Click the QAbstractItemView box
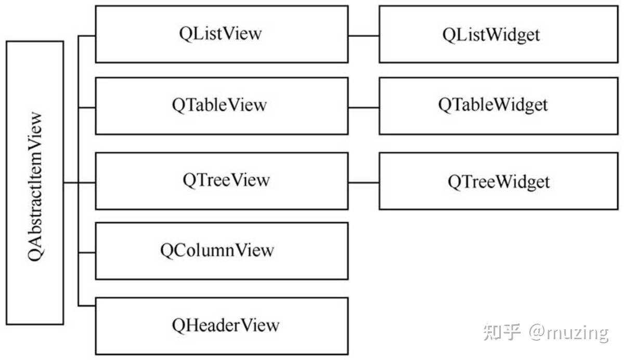pos(35,183)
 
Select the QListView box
pos(222,34)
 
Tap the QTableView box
pos(222,106)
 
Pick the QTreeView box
pos(222,181)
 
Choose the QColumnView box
pos(222,251)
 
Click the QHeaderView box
pos(222,326)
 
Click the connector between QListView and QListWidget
pos(363,36)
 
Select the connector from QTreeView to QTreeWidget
pos(363,183)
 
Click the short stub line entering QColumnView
pos(87,252)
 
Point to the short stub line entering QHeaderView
pos(87,305)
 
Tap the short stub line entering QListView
pos(87,36)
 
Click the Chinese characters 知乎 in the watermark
pos(502,332)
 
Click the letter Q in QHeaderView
pos(178,326)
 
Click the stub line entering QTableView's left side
pos(87,108)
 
